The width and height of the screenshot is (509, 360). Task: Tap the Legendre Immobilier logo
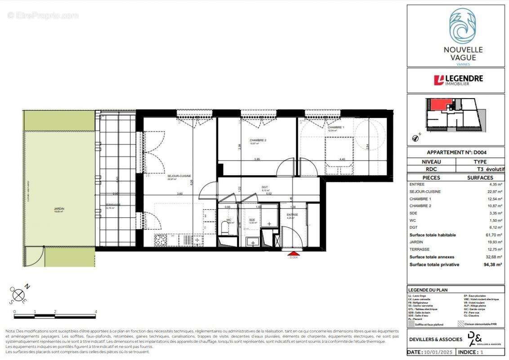point(458,80)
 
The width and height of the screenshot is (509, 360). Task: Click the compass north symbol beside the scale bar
point(19,295)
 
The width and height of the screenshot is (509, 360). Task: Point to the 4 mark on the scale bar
point(96,311)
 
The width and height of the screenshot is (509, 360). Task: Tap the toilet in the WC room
point(226,229)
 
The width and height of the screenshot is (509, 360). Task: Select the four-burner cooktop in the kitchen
point(161,240)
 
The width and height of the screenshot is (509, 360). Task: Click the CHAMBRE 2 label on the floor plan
point(259,140)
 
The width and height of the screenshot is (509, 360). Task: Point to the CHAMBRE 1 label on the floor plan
point(336,128)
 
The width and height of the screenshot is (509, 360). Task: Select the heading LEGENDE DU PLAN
point(428,290)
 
